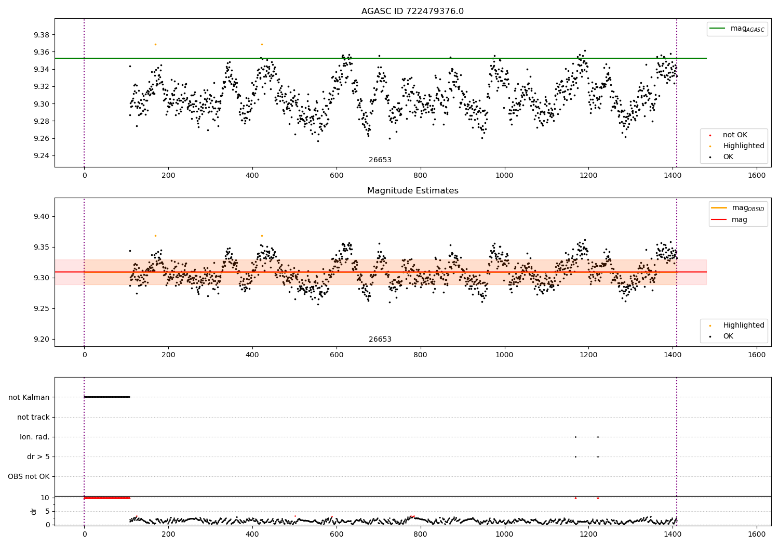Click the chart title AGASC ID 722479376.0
tap(412, 11)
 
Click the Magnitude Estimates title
tap(412, 191)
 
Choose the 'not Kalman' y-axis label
tap(29, 397)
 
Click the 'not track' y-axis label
tap(33, 417)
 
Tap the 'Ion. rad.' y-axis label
tap(35, 437)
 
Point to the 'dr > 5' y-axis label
tap(38, 457)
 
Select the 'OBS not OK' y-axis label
tap(29, 476)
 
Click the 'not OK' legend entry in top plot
tap(735, 135)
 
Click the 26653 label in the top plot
tap(380, 160)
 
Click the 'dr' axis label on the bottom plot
tap(33, 511)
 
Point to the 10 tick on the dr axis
tap(45, 498)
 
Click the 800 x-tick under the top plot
tap(420, 176)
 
